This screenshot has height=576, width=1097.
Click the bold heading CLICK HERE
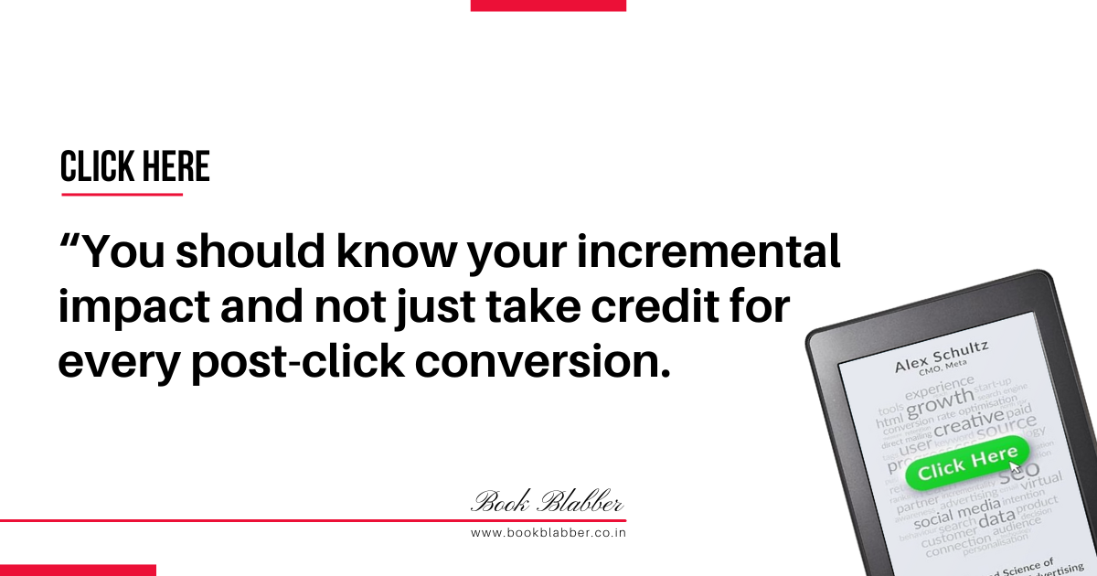point(134,167)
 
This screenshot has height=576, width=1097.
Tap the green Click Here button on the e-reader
point(966,464)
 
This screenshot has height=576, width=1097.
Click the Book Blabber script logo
point(548,502)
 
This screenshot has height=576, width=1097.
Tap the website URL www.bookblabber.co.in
point(548,532)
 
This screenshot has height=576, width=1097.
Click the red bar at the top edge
point(548,5)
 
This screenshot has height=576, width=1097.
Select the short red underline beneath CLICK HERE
point(122,194)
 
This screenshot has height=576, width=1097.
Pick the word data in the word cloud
point(996,519)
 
